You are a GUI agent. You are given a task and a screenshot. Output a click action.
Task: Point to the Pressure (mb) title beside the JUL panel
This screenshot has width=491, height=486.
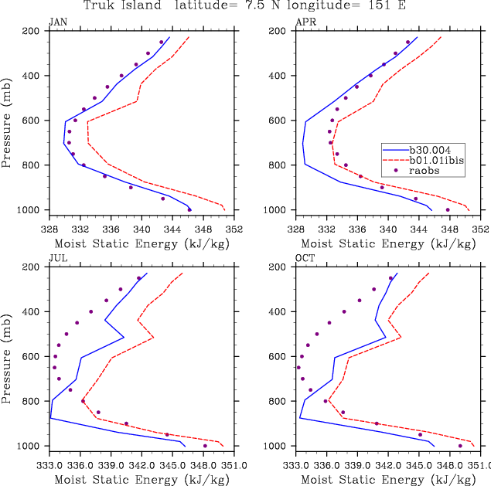8,356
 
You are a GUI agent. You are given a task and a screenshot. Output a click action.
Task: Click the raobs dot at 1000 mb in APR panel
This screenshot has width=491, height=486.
447,209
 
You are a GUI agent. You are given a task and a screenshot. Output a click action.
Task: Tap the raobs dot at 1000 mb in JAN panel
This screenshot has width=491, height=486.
189,209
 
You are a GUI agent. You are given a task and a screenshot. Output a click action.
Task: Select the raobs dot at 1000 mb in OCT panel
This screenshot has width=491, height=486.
460,446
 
